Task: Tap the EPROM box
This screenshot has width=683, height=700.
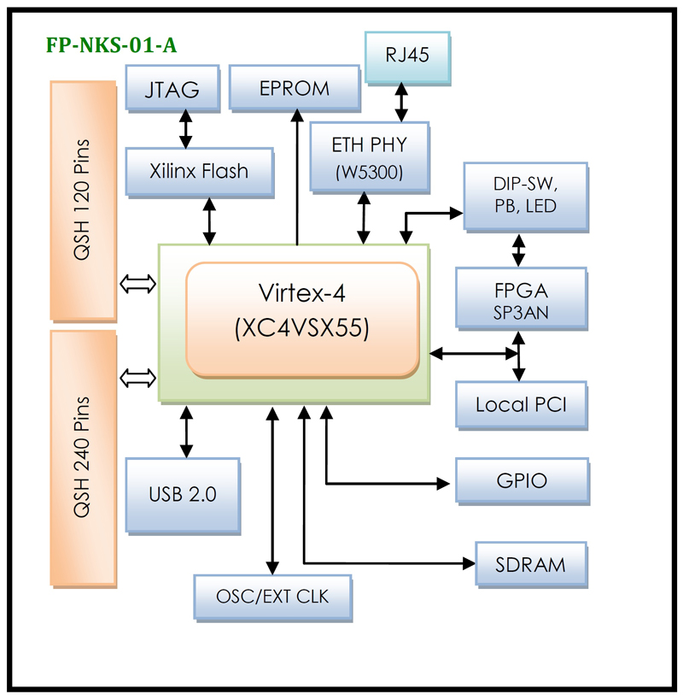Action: (x=295, y=89)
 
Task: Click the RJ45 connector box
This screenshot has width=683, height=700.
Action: (x=407, y=56)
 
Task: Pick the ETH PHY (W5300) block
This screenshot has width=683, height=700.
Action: (x=369, y=156)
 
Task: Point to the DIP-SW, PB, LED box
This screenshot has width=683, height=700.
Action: (x=525, y=195)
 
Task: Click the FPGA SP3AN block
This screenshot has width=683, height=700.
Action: (x=521, y=297)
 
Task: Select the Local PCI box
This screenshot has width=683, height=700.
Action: (x=521, y=403)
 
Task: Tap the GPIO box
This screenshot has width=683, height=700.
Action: (x=521, y=479)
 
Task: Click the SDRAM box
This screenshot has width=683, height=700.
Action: (x=531, y=564)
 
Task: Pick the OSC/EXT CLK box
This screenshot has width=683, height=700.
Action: (x=273, y=596)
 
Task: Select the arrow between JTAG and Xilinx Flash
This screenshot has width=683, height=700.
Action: (x=183, y=129)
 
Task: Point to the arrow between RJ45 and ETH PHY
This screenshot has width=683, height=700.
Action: (x=398, y=102)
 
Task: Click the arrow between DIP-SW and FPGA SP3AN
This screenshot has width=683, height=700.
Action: (x=518, y=249)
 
